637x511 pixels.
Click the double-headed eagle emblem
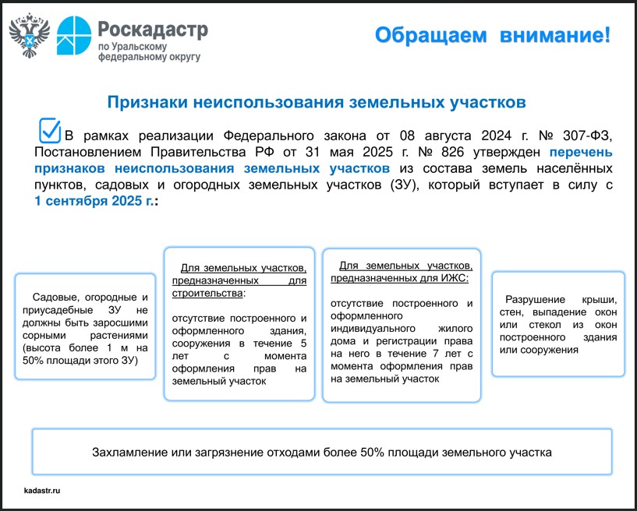(30, 36)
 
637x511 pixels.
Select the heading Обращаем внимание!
(491, 35)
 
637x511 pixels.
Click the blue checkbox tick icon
(50, 130)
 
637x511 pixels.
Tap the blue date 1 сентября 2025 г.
(93, 201)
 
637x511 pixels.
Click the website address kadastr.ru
(42, 491)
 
